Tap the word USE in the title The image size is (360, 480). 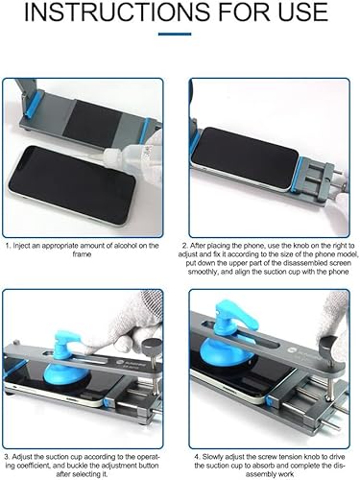302,12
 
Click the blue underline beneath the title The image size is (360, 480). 175,34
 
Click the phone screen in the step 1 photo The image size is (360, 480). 72,184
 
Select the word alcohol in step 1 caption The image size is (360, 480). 116,246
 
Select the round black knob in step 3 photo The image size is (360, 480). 152,345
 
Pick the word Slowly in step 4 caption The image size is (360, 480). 213,457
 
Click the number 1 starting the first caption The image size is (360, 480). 8,246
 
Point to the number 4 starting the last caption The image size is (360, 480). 198,457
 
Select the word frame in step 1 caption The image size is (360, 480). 82,254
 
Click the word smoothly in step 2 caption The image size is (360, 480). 203,272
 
